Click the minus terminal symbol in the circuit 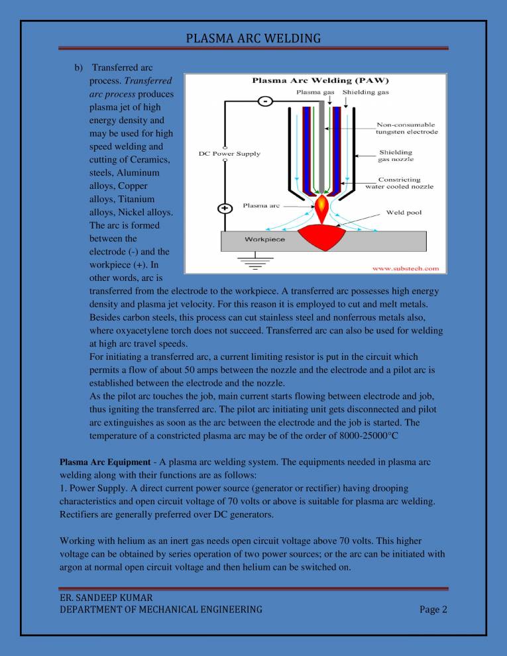point(264,101)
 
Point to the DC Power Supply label point(229,154)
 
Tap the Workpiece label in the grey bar point(264,239)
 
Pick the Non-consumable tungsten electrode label point(406,128)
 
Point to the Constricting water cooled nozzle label point(400,183)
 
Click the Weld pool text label point(404,213)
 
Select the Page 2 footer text point(433,609)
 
